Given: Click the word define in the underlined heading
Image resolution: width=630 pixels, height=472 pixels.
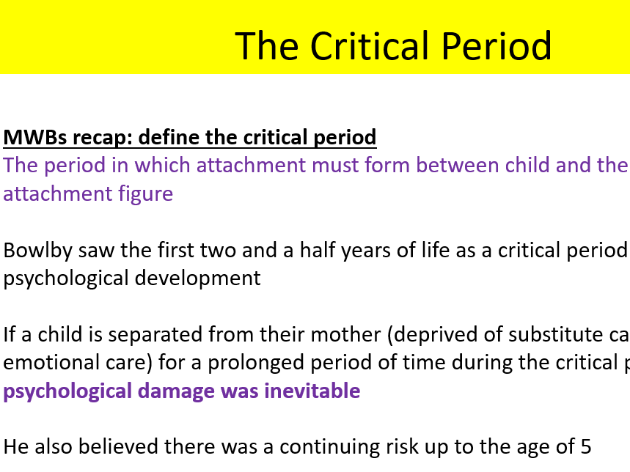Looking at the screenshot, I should [x=167, y=137].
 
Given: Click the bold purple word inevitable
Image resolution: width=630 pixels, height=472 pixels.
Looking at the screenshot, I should [x=315, y=391].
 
